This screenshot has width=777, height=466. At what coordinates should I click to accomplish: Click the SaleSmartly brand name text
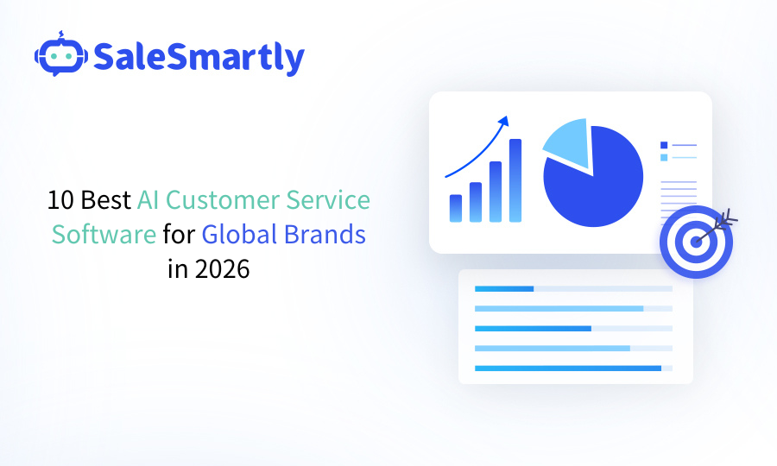[199, 57]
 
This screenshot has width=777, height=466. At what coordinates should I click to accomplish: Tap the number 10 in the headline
[60, 201]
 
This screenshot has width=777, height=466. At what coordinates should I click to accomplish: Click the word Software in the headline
[104, 235]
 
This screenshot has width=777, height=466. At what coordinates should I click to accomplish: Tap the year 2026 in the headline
[222, 268]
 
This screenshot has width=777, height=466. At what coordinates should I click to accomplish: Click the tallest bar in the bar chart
[515, 180]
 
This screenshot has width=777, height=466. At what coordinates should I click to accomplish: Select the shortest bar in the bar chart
[456, 208]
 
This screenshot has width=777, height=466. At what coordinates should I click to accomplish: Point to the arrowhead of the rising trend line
[504, 122]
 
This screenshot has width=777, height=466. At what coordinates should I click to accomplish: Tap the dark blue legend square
[664, 145]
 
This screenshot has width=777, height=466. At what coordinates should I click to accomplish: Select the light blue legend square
[664, 158]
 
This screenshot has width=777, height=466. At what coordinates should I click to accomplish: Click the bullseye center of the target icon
[696, 241]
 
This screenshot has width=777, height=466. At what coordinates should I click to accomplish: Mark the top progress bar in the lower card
[504, 288]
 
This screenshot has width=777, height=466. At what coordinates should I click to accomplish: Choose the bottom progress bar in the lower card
[567, 368]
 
